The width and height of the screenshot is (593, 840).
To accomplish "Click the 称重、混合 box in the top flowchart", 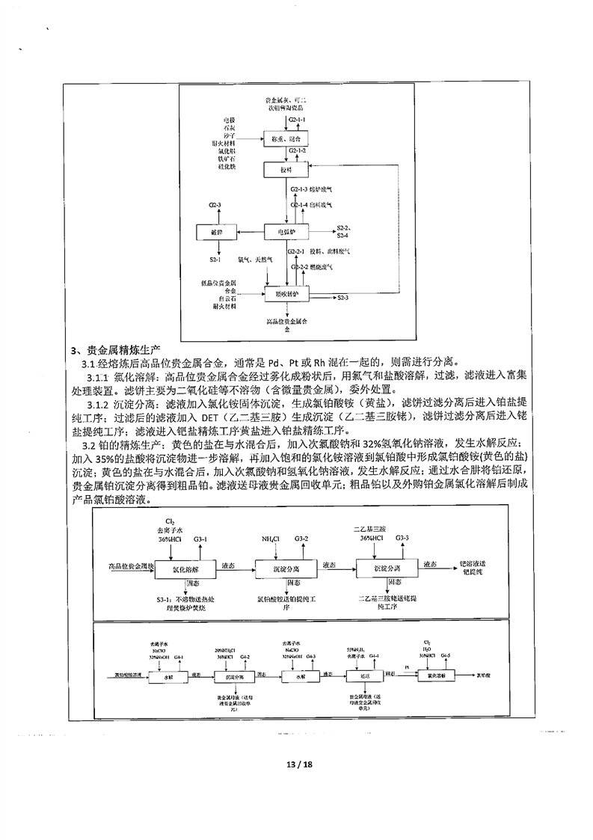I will click(286, 138).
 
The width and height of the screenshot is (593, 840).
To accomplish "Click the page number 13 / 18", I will click(296, 765).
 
